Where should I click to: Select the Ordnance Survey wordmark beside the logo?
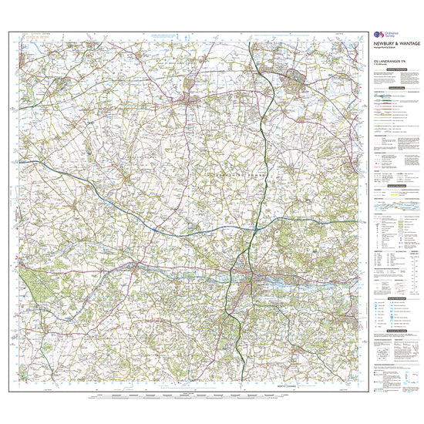coord(391,35)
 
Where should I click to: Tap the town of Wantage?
coord(185,98)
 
